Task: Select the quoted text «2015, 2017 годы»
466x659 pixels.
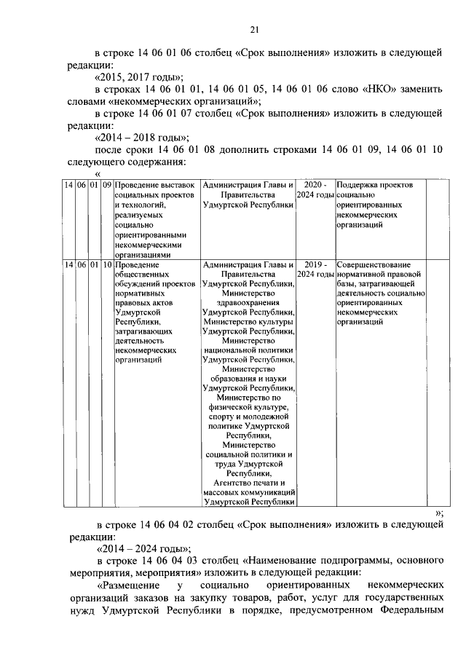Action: point(138,77)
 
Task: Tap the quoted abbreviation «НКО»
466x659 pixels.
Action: point(377,89)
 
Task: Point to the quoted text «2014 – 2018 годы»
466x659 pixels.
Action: point(143,138)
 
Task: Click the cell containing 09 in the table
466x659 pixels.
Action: point(107,186)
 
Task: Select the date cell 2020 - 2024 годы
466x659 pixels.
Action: point(315,191)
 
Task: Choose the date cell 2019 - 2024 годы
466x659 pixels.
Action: point(315,269)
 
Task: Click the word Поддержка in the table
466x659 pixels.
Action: point(363,186)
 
